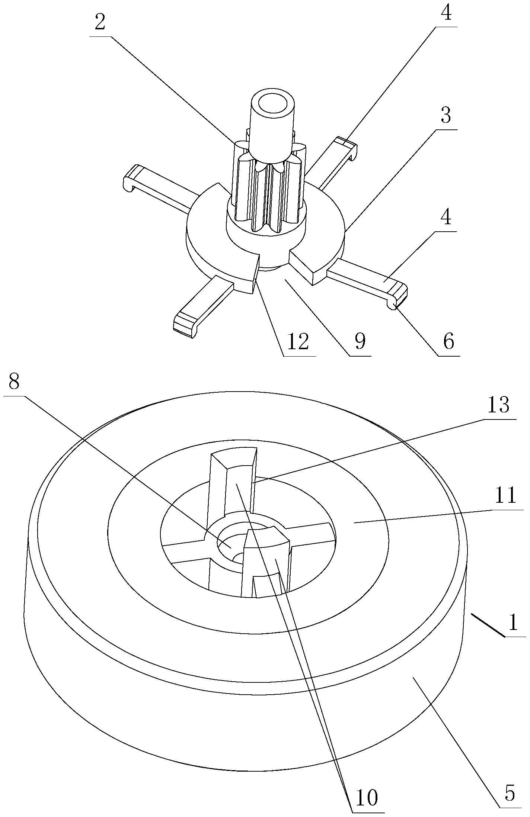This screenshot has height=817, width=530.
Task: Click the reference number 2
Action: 100,23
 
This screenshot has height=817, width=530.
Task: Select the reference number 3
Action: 446,116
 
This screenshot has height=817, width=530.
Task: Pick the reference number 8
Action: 14,382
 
